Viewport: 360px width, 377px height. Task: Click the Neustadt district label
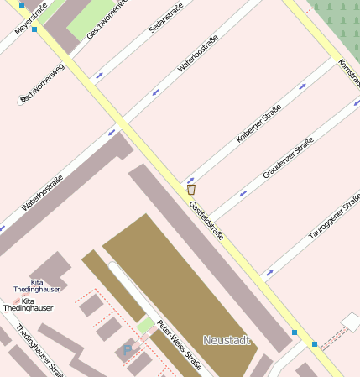point(227,340)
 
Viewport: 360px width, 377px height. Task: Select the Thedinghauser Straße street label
point(39,351)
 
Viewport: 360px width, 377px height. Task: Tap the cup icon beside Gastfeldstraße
point(191,190)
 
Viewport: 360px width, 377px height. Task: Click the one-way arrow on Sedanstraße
point(100,75)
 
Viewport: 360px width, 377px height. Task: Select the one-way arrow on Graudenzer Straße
point(244,192)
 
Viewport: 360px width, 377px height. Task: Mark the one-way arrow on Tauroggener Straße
point(269,271)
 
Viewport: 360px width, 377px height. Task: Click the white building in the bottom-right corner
point(351,322)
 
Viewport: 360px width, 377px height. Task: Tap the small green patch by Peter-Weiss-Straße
point(146,324)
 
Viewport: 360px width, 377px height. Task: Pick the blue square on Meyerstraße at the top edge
point(22,4)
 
